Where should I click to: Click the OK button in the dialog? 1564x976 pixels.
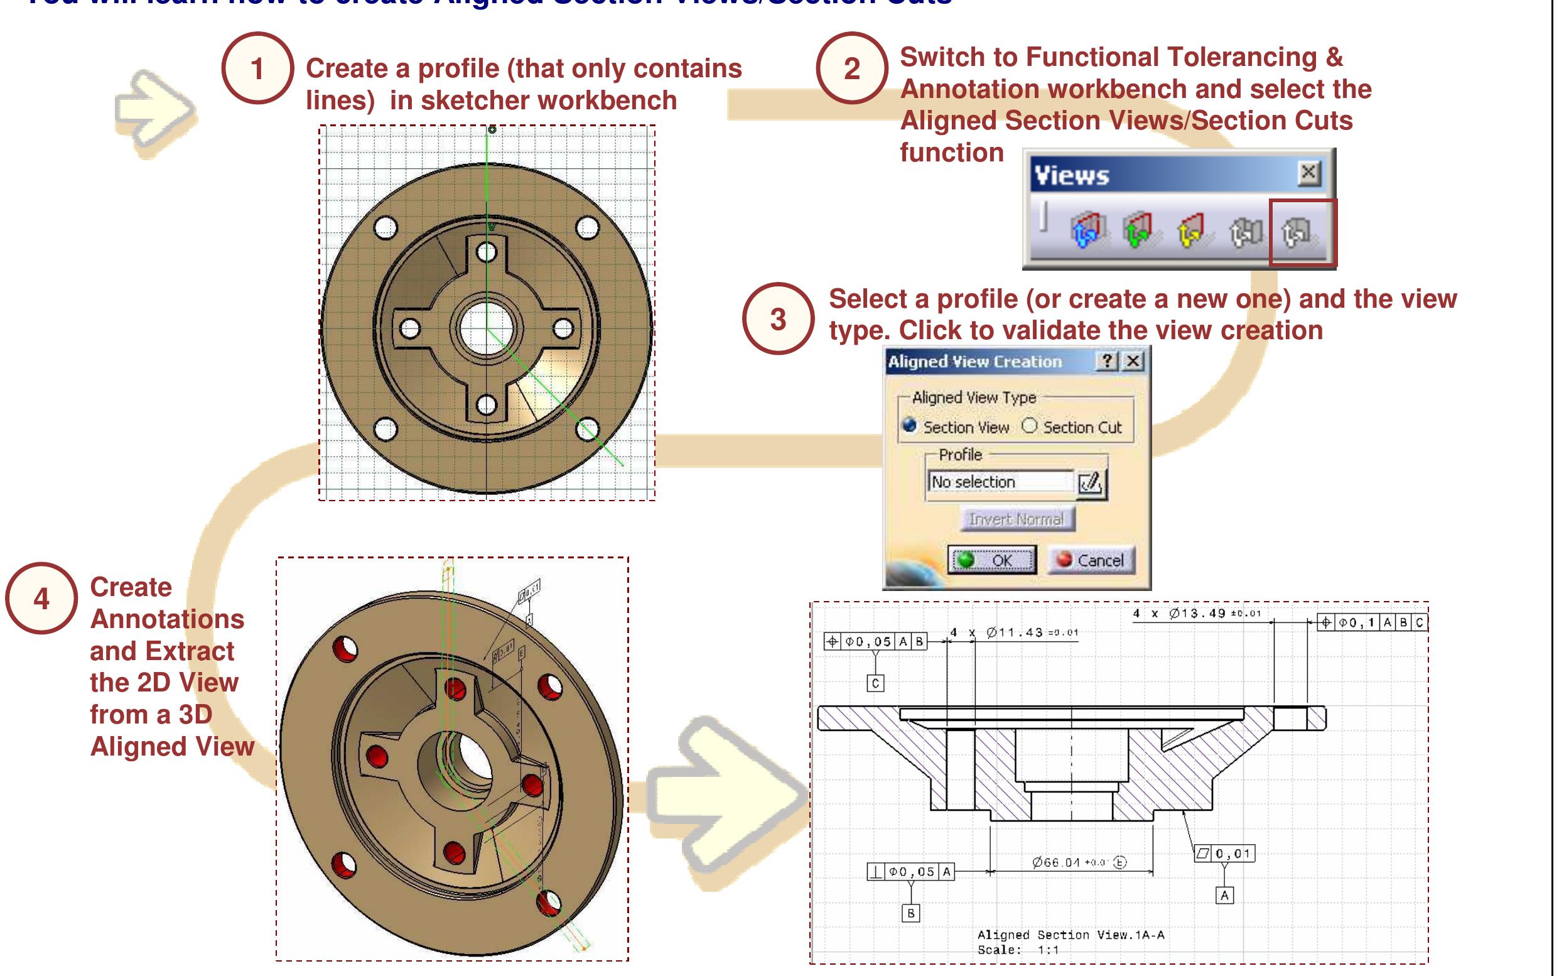(991, 560)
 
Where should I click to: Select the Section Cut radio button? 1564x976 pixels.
(1030, 426)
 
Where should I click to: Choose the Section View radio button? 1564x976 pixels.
(910, 426)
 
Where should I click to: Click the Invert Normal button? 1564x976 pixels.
(1017, 519)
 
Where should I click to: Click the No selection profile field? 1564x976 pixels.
(1000, 482)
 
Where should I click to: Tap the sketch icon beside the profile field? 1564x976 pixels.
(1091, 482)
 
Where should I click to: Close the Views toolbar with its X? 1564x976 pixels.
(1308, 173)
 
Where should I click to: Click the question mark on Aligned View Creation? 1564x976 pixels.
(1107, 361)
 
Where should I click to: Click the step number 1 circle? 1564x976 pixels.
(257, 68)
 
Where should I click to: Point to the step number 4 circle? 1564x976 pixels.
(41, 599)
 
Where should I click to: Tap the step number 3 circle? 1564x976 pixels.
(778, 319)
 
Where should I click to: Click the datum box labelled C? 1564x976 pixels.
(875, 683)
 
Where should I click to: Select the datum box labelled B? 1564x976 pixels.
(910, 913)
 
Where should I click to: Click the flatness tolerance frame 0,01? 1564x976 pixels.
(1224, 854)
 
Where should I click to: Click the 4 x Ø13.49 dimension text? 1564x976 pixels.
(1196, 613)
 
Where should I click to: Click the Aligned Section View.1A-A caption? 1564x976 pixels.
(1071, 935)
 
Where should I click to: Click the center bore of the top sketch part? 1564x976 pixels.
(485, 328)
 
